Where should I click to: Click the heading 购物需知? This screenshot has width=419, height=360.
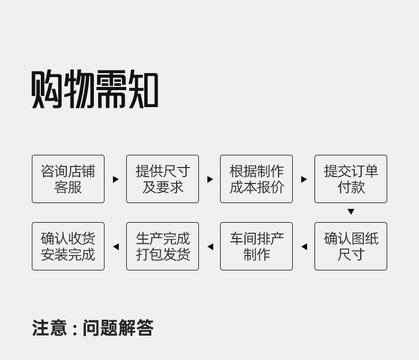pos(95,90)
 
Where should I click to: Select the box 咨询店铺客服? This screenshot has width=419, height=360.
pos(68,179)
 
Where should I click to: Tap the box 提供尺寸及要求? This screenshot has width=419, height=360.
pos(162,179)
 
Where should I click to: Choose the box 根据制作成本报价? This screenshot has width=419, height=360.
pos(256,179)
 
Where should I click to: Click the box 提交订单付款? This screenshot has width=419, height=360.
pos(351,179)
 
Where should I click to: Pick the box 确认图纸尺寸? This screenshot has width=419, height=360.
pos(351,247)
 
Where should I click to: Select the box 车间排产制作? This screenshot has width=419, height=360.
pos(256,247)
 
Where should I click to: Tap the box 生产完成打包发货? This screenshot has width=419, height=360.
pos(162,247)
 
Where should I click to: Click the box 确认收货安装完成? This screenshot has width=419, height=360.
pos(68,247)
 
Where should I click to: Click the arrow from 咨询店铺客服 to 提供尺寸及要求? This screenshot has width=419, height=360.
pos(116,179)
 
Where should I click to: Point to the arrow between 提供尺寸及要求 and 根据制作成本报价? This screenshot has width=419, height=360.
pos(210,179)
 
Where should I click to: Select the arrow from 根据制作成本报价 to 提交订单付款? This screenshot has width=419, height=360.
pos(304,179)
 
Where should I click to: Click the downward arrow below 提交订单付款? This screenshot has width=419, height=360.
pos(351,212)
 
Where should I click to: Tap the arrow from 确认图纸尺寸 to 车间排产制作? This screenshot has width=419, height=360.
pos(304,247)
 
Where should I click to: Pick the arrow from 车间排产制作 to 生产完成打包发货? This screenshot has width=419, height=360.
pos(210,247)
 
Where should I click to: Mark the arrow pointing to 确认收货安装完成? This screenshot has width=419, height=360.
pos(116,247)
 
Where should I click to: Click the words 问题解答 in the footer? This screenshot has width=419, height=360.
pos(118,328)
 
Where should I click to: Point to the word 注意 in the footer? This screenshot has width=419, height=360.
pos(49,328)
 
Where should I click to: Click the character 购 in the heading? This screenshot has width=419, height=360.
pos(47,90)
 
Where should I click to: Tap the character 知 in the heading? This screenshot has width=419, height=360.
pos(142,90)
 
